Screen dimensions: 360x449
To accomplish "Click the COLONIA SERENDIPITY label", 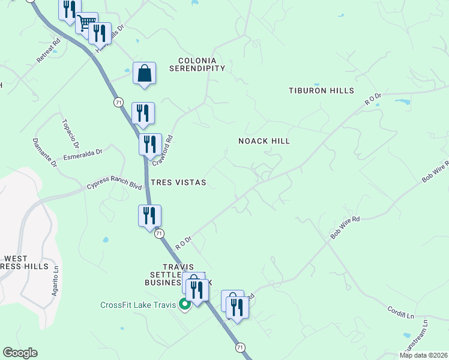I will click(201, 64).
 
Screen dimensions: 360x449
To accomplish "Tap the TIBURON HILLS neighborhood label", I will click(321, 91).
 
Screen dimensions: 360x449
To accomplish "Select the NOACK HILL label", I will click(264, 141).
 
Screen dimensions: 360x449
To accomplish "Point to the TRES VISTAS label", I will click(179, 182).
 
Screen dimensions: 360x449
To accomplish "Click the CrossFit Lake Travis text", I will click(138, 305).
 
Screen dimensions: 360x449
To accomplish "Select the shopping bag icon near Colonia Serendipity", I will click(144, 73).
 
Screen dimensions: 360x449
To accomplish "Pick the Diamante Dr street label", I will click(44, 153).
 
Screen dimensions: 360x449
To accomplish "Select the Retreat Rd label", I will click(49, 51).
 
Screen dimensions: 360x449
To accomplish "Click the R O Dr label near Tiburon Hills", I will click(373, 99).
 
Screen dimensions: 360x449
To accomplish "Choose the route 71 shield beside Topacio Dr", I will click(118, 103).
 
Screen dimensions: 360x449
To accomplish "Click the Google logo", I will click(20, 353).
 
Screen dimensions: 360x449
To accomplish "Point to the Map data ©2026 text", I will click(423, 355).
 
